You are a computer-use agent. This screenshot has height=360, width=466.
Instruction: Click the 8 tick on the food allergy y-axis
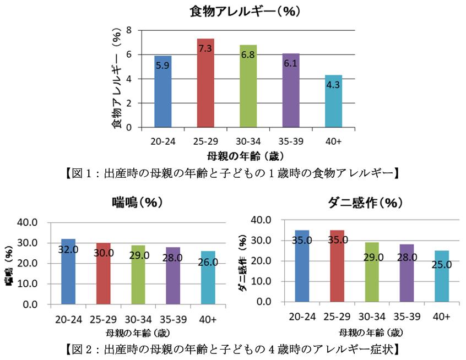[x=129, y=30]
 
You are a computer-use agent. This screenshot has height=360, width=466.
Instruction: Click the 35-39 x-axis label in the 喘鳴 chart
[x=173, y=319]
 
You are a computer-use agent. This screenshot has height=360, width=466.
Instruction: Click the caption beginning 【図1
[x=232, y=172]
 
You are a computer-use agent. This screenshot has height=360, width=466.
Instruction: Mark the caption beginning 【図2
[x=232, y=348]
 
